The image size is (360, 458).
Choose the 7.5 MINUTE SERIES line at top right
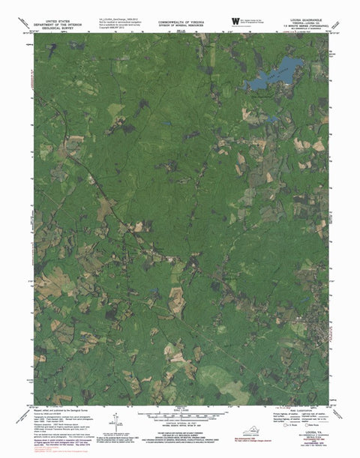[307, 28]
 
